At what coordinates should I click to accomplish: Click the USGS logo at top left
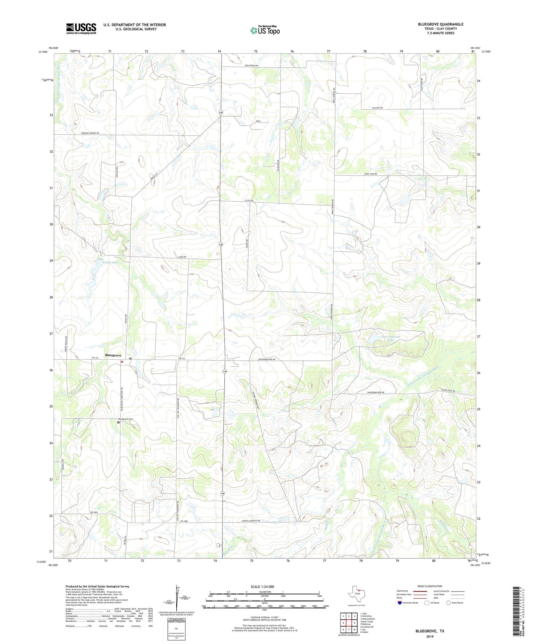[x=81, y=28]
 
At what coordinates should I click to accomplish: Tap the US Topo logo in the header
[x=264, y=30]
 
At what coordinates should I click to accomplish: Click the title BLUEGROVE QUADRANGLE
[x=440, y=24]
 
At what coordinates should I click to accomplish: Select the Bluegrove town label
[x=113, y=355]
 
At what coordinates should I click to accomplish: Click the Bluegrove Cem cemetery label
[x=125, y=419]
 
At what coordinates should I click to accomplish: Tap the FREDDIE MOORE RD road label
[x=90, y=133]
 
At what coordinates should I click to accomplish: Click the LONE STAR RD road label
[x=370, y=174]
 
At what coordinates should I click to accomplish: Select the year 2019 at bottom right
[x=430, y=636]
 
